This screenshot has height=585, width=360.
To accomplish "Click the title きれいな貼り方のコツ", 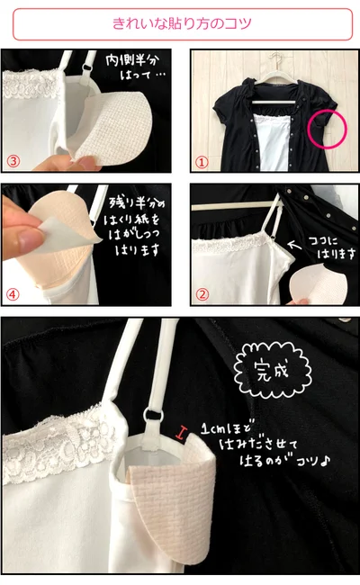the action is pyautogui.click(x=182, y=23).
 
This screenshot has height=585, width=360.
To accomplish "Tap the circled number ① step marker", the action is pyautogui.click(x=202, y=162).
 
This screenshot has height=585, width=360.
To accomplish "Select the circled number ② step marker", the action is pyautogui.click(x=202, y=294).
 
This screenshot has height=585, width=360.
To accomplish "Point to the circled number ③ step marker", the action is pyautogui.click(x=13, y=161).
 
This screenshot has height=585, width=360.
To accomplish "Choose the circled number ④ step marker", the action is pyautogui.click(x=13, y=294).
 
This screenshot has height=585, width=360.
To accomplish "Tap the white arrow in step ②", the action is pyautogui.click(x=295, y=245).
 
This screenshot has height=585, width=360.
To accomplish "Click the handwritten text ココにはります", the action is pyautogui.click(x=331, y=247).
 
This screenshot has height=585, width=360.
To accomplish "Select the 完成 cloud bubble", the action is pyautogui.click(x=273, y=371).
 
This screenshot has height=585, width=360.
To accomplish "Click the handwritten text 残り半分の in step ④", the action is pyautogui.click(x=136, y=202).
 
